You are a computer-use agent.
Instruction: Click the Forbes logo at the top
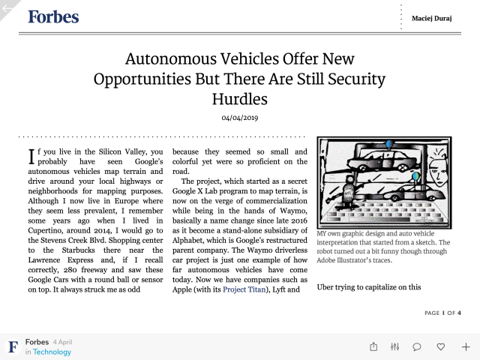tap(53, 16)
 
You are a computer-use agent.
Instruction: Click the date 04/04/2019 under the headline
tap(239, 118)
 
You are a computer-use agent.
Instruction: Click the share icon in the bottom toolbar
tap(373, 346)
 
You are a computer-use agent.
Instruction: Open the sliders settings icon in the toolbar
tap(394, 346)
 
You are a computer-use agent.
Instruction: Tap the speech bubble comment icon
tap(417, 346)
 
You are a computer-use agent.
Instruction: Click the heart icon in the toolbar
tap(441, 346)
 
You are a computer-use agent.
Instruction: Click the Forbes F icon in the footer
tap(13, 346)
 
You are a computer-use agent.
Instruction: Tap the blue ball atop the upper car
tap(389, 143)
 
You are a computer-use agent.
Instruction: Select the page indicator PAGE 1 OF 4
tap(442, 313)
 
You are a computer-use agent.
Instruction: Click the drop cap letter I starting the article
tap(31, 155)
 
